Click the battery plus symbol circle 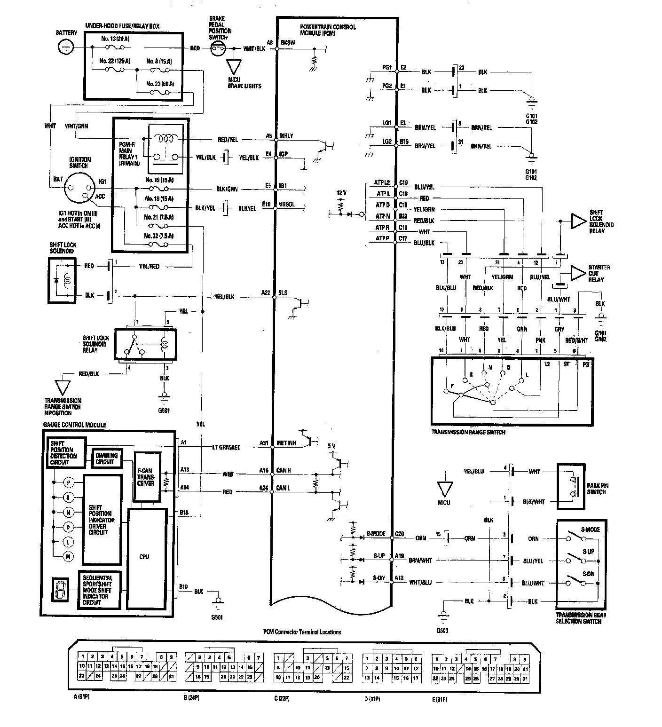pyautogui.click(x=67, y=47)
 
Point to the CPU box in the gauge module pyautogui.click(x=146, y=557)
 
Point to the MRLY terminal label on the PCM pyautogui.click(x=287, y=136)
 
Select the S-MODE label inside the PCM pyautogui.click(x=376, y=534)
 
